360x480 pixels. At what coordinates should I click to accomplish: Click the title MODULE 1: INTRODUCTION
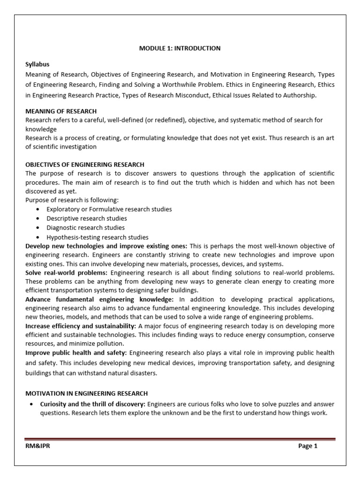180,48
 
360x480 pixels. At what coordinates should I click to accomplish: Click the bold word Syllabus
37,64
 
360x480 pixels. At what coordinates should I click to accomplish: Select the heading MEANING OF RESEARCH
61,111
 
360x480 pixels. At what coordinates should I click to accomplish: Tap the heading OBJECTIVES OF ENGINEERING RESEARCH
85,164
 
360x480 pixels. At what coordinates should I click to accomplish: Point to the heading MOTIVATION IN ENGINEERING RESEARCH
87,393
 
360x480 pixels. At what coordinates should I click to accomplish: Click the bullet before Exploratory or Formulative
37,209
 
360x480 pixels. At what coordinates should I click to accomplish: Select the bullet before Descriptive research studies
37,218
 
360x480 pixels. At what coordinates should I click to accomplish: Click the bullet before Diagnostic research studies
37,228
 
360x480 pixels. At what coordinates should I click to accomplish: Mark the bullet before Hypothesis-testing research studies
37,237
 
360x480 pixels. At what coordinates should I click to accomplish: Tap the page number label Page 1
308,446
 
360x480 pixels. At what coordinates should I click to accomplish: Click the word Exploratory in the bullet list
63,209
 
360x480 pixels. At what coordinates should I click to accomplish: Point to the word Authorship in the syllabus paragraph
300,96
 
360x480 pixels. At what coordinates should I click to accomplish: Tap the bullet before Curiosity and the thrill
30,404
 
